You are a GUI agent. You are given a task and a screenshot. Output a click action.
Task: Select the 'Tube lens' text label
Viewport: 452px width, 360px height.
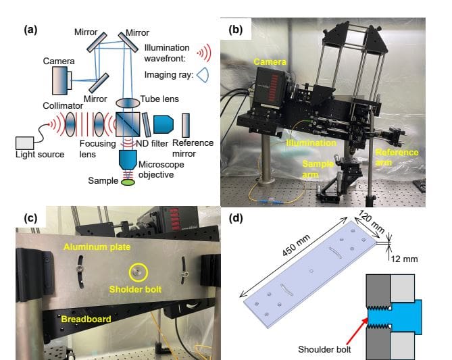tap(160, 99)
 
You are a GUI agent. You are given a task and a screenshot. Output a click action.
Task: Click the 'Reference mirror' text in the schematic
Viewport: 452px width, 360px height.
tap(193, 149)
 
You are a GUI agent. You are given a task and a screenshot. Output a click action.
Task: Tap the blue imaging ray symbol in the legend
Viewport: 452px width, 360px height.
tap(203, 76)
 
